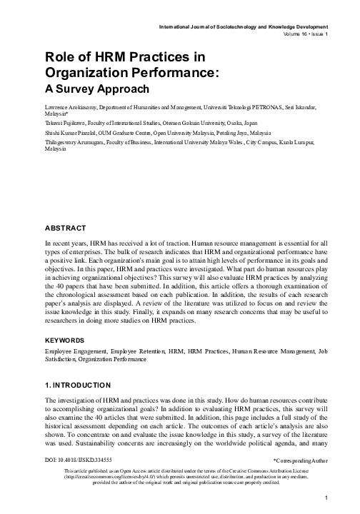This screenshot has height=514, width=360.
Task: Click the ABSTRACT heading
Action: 65,228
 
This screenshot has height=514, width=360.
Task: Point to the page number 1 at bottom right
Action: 325,498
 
